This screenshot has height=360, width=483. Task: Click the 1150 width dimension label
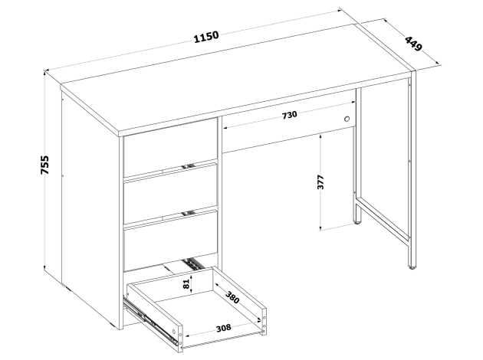click(x=206, y=37)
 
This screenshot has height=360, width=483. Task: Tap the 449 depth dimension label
click(x=412, y=44)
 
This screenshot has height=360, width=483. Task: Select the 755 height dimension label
click(x=44, y=165)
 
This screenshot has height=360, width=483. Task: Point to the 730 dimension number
click(x=290, y=114)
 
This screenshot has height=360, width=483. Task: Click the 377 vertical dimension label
click(x=320, y=182)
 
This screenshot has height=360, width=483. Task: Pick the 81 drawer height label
click(x=186, y=284)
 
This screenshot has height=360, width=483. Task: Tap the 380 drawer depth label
click(x=232, y=297)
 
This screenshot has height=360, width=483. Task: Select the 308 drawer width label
click(x=223, y=328)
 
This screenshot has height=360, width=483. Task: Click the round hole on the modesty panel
click(x=347, y=119)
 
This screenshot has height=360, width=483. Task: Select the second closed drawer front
click(x=170, y=194)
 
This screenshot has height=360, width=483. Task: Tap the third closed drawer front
click(x=170, y=241)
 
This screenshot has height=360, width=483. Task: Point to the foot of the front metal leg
click(x=412, y=267)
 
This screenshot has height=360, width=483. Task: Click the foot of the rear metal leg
click(x=357, y=221)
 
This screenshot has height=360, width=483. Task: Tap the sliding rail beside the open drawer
click(x=150, y=320)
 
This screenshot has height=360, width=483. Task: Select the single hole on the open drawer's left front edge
click(x=174, y=332)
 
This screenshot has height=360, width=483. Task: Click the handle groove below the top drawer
click(x=189, y=166)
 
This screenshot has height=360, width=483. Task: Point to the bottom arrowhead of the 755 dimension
click(x=45, y=267)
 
